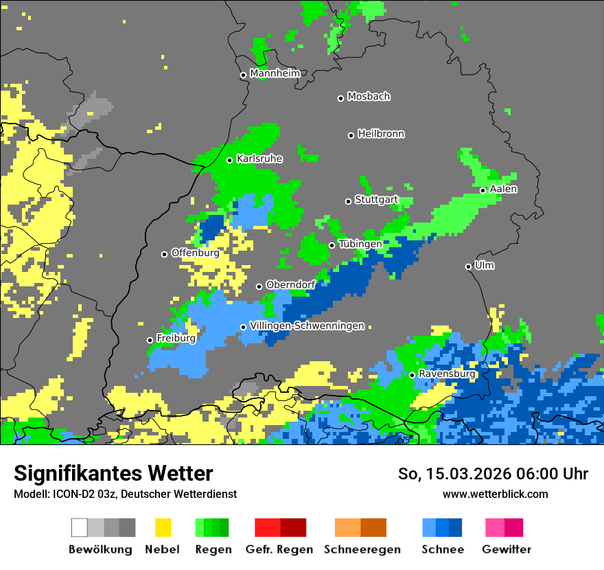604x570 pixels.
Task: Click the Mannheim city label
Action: click(x=275, y=73)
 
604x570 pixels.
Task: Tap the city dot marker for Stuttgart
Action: click(x=348, y=201)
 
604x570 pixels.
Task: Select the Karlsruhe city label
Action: click(x=259, y=159)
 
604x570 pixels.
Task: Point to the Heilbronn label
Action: click(x=381, y=134)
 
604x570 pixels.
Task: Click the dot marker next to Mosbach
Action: click(x=340, y=98)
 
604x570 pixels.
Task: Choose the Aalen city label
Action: click(x=503, y=189)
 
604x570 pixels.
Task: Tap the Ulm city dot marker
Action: click(x=469, y=266)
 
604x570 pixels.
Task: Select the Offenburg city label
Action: click(x=196, y=253)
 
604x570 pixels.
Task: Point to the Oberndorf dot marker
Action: click(x=259, y=286)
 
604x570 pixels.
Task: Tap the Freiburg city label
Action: click(x=176, y=339)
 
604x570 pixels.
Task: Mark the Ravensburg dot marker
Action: click(x=412, y=375)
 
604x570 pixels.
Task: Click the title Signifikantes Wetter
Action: click(x=113, y=473)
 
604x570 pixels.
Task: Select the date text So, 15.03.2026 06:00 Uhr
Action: click(x=493, y=474)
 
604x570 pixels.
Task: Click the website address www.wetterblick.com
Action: click(x=495, y=494)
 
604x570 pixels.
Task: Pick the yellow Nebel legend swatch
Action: click(x=163, y=527)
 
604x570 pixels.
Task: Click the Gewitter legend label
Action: click(x=506, y=549)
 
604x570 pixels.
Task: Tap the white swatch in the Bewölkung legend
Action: click(x=80, y=527)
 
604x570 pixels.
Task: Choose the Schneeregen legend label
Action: click(x=362, y=549)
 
